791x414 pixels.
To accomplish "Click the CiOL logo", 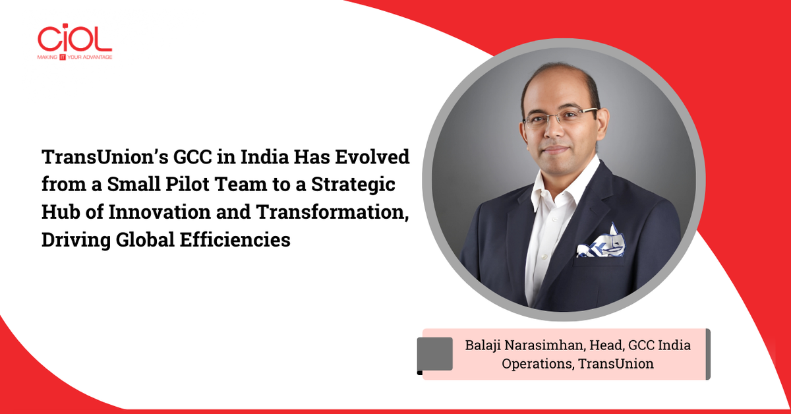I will pyautogui.click(x=74, y=39).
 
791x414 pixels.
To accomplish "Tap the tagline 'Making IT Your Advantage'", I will pyautogui.click(x=74, y=57).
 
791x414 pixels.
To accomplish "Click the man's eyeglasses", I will pyautogui.click(x=560, y=118).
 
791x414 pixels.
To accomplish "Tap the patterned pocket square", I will pyautogui.click(x=601, y=242).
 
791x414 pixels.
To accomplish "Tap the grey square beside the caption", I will pyautogui.click(x=435, y=354).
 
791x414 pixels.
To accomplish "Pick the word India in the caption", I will pyautogui.click(x=675, y=345).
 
